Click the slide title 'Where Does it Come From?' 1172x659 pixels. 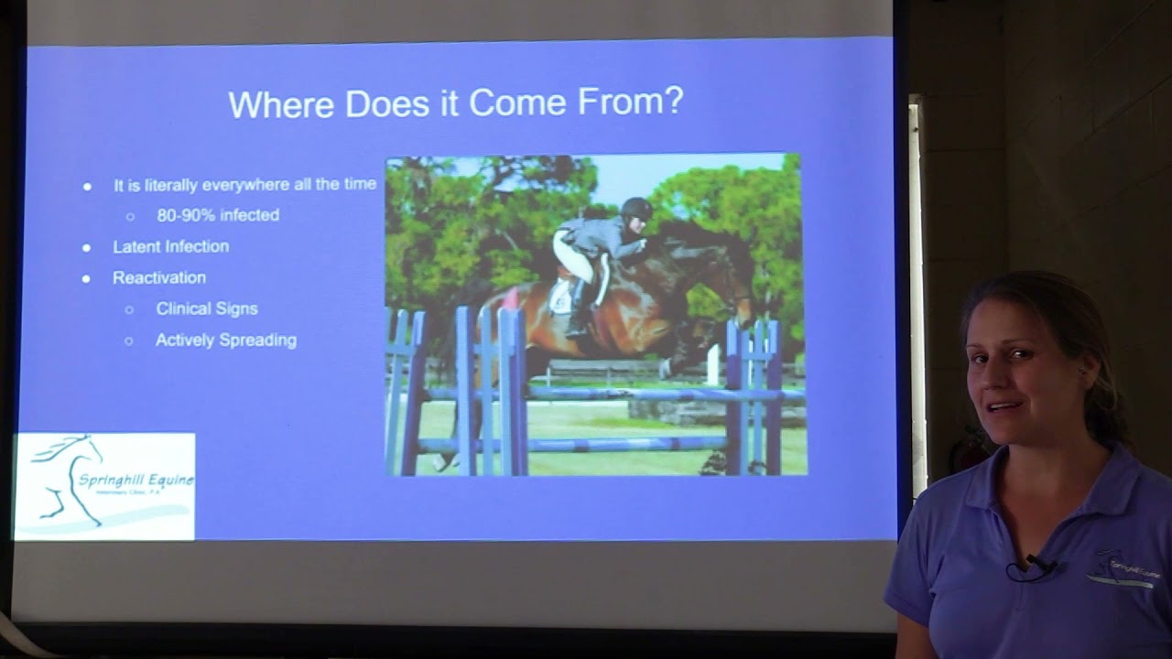click(455, 103)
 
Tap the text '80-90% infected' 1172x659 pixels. click(218, 215)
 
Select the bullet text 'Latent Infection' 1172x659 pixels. click(170, 246)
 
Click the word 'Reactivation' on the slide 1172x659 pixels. click(159, 277)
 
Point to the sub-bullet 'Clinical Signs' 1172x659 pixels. click(206, 308)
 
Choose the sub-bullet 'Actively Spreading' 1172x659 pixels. click(225, 340)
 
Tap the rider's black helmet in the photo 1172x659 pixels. click(635, 208)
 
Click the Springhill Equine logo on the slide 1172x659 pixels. click(104, 486)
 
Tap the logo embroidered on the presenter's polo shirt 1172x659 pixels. click(1124, 569)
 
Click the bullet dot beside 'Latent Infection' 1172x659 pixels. click(87, 247)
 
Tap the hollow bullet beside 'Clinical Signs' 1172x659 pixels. click(129, 309)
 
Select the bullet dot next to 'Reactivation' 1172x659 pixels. click(87, 278)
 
